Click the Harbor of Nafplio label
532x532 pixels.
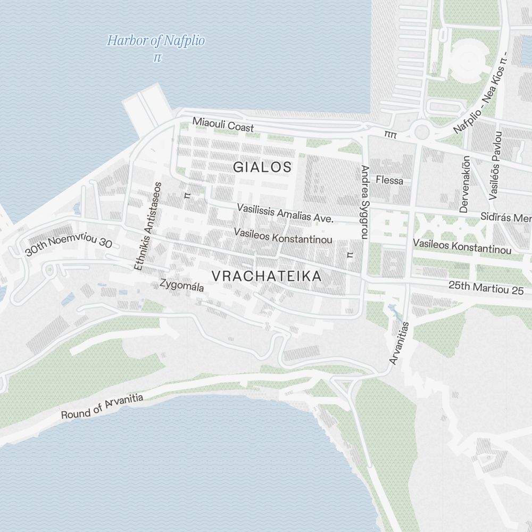pyautogui.click(x=156, y=41)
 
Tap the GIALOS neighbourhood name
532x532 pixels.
pyautogui.click(x=262, y=167)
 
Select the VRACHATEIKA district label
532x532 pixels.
pyautogui.click(x=267, y=277)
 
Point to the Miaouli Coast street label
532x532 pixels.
pyautogui.click(x=223, y=125)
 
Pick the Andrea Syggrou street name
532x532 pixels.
pyautogui.click(x=364, y=202)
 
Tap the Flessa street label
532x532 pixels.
pyautogui.click(x=389, y=180)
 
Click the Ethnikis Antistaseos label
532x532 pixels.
pyautogui.click(x=148, y=226)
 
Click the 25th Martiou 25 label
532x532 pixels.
pyautogui.click(x=486, y=288)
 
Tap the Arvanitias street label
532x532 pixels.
pyautogui.click(x=399, y=343)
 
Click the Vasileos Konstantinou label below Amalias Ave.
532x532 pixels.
pyautogui.click(x=283, y=236)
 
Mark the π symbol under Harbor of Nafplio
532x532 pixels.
pyautogui.click(x=157, y=57)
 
